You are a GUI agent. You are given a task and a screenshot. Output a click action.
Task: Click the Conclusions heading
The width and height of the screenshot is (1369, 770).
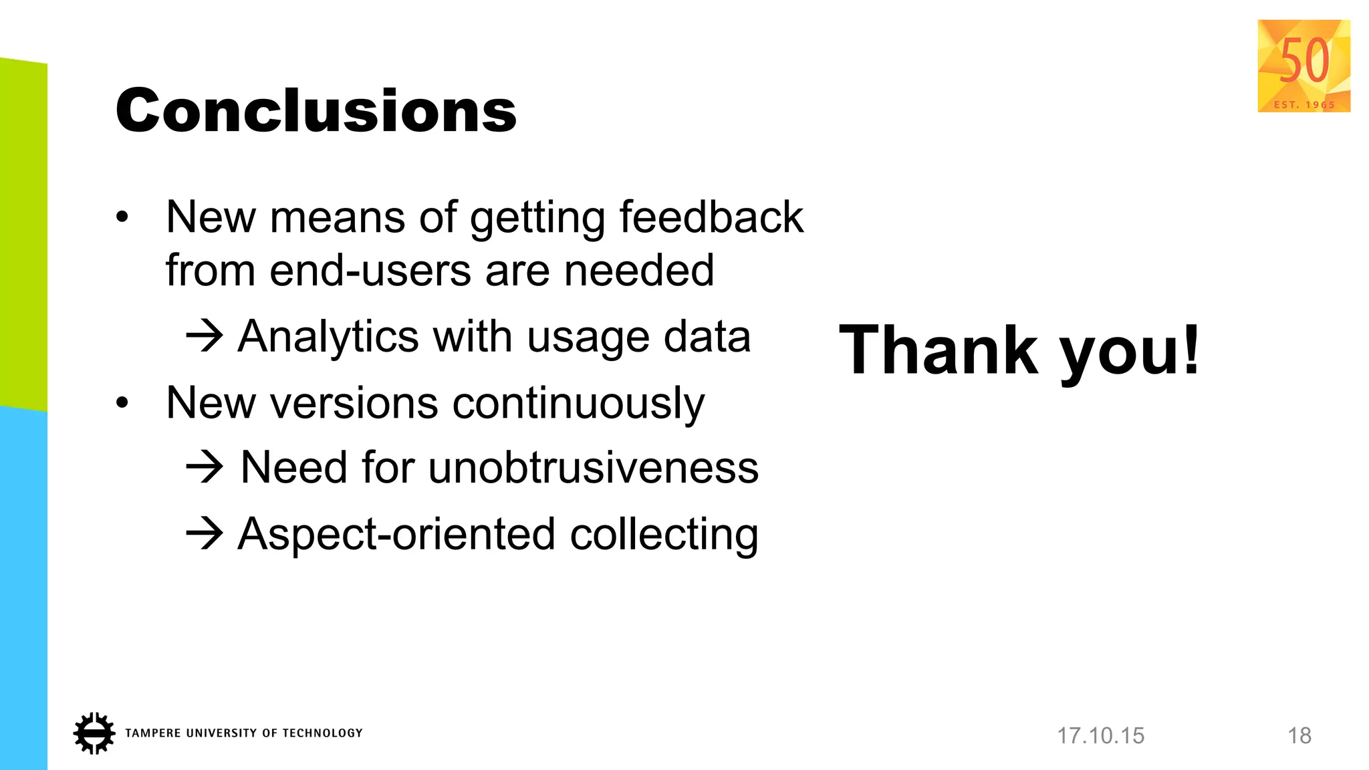coord(316,110)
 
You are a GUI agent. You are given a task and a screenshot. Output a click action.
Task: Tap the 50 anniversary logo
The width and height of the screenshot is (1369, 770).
coord(1303,66)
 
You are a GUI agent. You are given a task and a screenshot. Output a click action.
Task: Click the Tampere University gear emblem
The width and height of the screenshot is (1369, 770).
coord(94,733)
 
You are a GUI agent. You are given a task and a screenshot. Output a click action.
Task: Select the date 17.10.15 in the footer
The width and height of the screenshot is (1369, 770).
coord(1100,736)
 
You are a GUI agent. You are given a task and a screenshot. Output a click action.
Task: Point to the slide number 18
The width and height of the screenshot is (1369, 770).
coord(1299,736)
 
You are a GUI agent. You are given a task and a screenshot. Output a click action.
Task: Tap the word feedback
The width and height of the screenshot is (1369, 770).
coord(711,217)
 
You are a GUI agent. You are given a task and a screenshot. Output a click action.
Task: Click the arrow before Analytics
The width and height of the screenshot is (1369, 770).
coord(204,336)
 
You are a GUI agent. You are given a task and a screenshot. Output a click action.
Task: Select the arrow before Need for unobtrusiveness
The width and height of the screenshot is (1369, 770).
coord(204,467)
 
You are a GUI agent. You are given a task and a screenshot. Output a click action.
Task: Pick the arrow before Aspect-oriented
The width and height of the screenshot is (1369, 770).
coord(204,534)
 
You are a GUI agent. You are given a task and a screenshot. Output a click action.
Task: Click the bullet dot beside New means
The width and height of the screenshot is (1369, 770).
coord(122,217)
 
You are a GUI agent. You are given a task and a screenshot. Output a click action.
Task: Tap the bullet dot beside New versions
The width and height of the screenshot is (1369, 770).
coord(122,403)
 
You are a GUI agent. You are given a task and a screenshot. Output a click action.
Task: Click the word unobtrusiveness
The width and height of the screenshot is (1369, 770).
coord(593,467)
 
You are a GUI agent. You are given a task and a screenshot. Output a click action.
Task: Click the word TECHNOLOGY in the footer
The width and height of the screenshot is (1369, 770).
coord(322,733)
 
